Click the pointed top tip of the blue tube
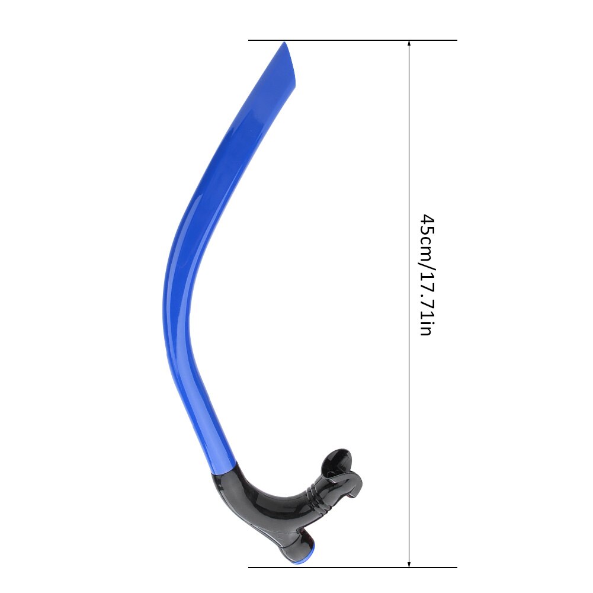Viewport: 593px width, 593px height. (x=285, y=43)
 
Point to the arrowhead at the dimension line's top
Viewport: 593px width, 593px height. (x=409, y=45)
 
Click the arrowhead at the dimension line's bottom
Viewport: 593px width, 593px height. (x=409, y=562)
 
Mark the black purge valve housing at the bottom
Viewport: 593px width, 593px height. (x=290, y=542)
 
